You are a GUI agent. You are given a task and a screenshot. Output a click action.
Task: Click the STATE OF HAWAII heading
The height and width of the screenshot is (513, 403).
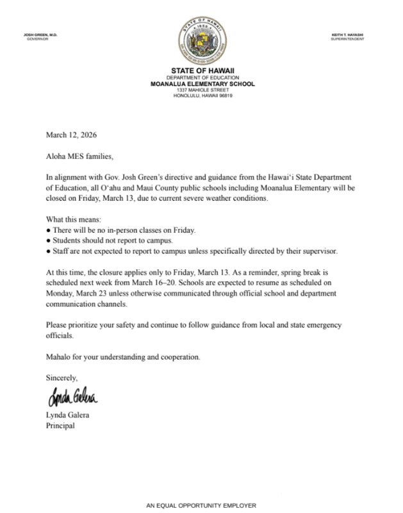pyautogui.click(x=202, y=69)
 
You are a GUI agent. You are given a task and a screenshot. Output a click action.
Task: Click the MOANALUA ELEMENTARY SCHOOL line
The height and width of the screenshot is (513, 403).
pyautogui.click(x=202, y=83)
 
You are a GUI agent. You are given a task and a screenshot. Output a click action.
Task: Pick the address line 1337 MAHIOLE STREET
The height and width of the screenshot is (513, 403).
pyautogui.click(x=202, y=90)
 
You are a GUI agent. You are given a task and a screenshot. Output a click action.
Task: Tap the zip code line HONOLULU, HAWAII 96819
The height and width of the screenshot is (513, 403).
pyautogui.click(x=202, y=96)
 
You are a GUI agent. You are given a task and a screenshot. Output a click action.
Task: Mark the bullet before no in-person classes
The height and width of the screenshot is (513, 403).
pyautogui.click(x=49, y=230)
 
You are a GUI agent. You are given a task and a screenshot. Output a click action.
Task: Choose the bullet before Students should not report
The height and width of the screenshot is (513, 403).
pyautogui.click(x=49, y=240)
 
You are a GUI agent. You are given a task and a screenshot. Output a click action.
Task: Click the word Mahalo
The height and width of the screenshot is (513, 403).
pyautogui.click(x=60, y=356)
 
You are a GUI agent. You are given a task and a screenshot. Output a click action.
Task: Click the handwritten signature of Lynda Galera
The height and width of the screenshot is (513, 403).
pyautogui.click(x=72, y=397)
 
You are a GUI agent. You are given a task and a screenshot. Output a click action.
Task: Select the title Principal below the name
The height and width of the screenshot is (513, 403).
pyautogui.click(x=61, y=425)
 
